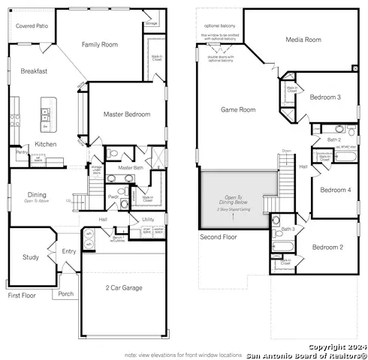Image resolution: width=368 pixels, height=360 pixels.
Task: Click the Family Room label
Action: [x=100, y=45]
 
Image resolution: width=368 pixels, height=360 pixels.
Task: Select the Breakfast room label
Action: [x=34, y=71]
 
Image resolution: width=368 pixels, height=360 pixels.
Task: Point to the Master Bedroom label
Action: [x=126, y=115]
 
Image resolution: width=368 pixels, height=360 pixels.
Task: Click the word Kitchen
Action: [x=45, y=144]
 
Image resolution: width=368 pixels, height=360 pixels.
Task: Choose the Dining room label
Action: [x=36, y=195]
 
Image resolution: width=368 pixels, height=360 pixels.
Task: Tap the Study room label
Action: [x=30, y=257]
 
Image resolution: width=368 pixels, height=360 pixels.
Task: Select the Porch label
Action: [x=66, y=293]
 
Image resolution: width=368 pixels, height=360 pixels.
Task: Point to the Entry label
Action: [x=69, y=252]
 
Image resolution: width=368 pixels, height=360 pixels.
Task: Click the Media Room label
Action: [x=303, y=40]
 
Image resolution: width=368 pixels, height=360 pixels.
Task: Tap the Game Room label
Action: [x=238, y=109]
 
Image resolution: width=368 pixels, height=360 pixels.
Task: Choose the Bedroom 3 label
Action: [x=325, y=97]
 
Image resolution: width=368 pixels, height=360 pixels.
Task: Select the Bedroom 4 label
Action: [x=335, y=190]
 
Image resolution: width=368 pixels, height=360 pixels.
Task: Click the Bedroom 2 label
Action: [x=327, y=247]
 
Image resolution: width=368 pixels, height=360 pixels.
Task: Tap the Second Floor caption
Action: [x=219, y=237]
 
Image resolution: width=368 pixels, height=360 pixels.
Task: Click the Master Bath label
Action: [x=130, y=168]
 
